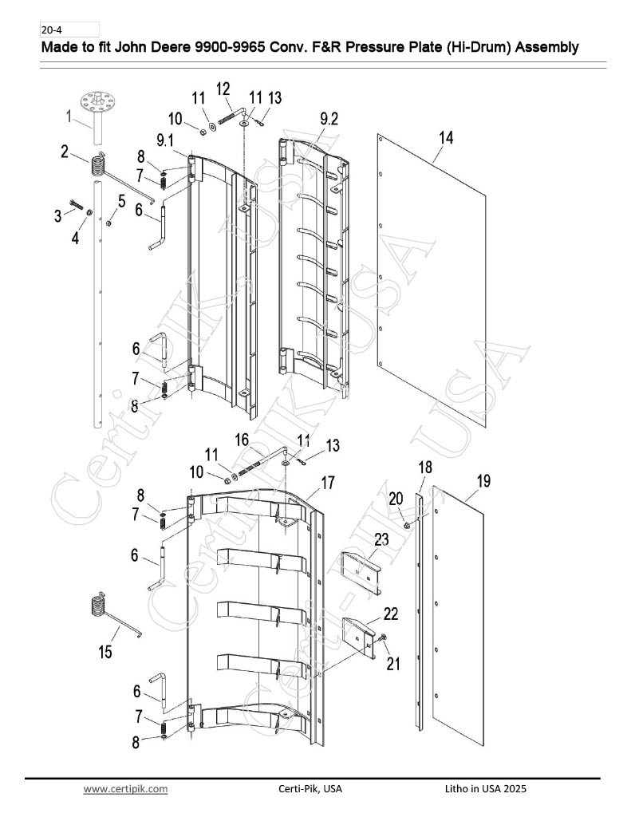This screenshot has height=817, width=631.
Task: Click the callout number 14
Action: pyautogui.click(x=446, y=137)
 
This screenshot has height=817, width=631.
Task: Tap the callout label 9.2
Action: pyautogui.click(x=329, y=119)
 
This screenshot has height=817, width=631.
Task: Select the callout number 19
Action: pyautogui.click(x=483, y=480)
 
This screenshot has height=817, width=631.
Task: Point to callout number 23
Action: pyautogui.click(x=381, y=539)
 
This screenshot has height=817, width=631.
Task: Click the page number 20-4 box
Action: pyautogui.click(x=69, y=30)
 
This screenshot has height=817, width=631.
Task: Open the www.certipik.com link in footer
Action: pyautogui.click(x=125, y=788)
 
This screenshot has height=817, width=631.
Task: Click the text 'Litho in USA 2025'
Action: pyautogui.click(x=486, y=788)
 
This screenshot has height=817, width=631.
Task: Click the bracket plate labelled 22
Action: pyautogui.click(x=358, y=639)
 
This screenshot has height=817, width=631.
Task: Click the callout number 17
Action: pyautogui.click(x=328, y=483)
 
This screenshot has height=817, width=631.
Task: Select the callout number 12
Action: pyautogui.click(x=223, y=89)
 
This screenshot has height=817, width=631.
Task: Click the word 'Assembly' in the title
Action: pyautogui.click(x=546, y=47)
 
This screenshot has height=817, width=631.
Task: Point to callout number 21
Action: pyautogui.click(x=393, y=664)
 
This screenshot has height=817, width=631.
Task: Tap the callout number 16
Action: pyautogui.click(x=242, y=440)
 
